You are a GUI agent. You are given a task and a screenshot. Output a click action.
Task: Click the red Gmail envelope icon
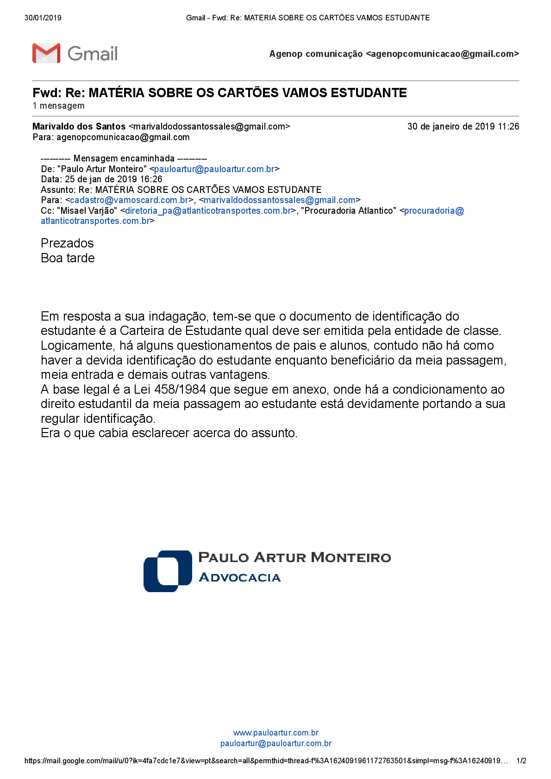[46, 53]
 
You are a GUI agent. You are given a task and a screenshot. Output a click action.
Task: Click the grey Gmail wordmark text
[93, 54]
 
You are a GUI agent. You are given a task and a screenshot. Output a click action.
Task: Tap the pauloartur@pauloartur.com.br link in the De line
[214, 169]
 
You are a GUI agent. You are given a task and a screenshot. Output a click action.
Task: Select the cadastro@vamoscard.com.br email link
[129, 200]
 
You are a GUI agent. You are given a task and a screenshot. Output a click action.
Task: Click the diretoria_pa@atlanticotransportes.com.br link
[208, 211]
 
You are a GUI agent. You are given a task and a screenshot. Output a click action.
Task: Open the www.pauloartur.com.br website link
[275, 733]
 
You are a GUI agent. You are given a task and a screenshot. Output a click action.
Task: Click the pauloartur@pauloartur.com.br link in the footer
[275, 743]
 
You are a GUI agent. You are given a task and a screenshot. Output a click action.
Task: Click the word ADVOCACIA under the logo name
[239, 578]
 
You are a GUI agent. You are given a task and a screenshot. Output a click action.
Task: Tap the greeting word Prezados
[67, 243]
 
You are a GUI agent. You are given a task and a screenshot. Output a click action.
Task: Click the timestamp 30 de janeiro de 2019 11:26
[463, 126]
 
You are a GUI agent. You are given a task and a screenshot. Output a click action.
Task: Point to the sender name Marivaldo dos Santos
[79, 126]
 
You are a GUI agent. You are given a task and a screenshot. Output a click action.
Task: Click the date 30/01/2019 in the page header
[43, 18]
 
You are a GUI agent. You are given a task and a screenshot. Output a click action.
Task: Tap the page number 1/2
[521, 760]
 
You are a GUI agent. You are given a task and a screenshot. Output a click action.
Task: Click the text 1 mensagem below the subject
[58, 106]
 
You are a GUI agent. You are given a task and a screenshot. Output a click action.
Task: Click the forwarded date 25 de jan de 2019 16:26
[113, 179]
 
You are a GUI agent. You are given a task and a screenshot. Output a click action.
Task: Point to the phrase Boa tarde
[68, 258]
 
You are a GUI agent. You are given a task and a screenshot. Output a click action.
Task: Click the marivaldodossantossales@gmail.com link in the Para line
[279, 200]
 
